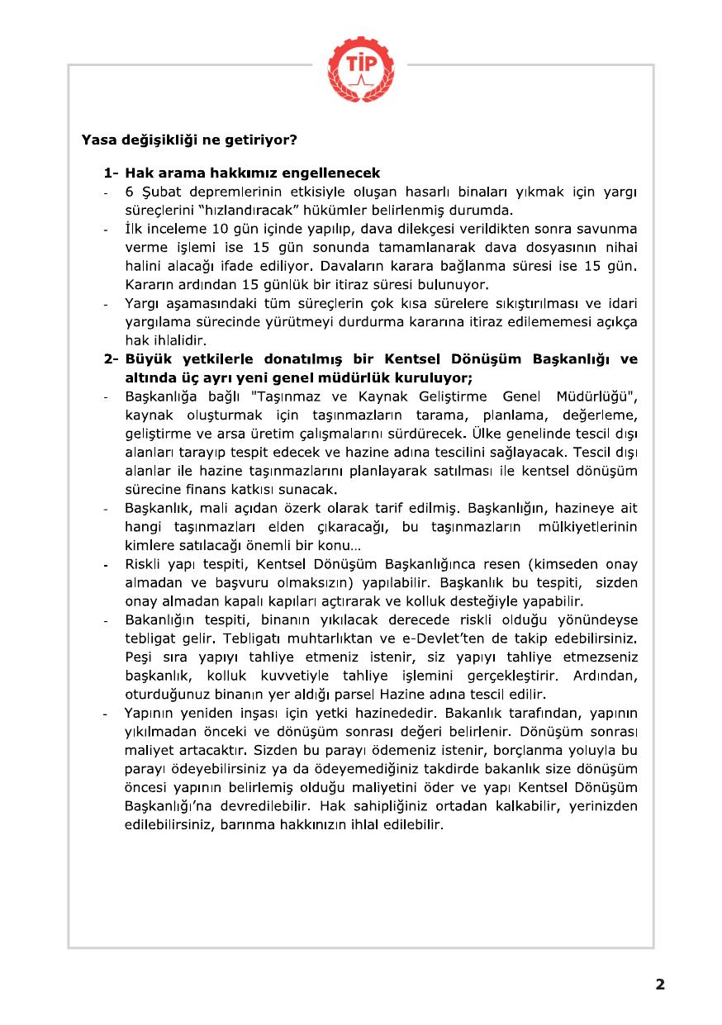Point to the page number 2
coord(659,984)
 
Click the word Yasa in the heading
coord(96,140)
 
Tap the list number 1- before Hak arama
coord(111,173)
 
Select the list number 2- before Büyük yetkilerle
coord(111,360)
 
